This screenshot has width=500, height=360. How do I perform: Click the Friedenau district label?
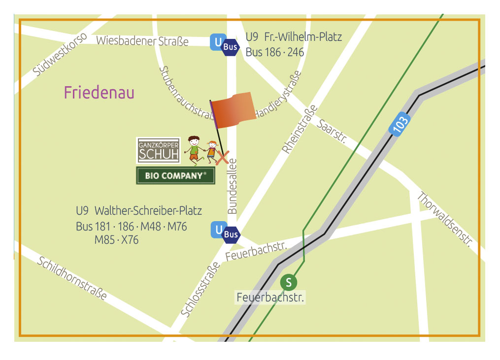pyautogui.click(x=99, y=93)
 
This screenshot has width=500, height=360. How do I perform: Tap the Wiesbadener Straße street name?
pyautogui.click(x=142, y=41)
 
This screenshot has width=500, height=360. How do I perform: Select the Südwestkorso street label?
pyautogui.click(x=60, y=55)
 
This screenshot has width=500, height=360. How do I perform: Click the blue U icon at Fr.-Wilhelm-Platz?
pyautogui.click(x=217, y=42)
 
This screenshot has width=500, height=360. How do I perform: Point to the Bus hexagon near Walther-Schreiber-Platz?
pyautogui.click(x=232, y=234)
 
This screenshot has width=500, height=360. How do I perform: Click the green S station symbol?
pyautogui.click(x=289, y=282)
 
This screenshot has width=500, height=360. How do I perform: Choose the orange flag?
pyautogui.click(x=233, y=111)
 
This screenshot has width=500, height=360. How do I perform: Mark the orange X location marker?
pyautogui.click(x=223, y=157)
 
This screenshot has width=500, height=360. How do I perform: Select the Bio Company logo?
pyautogui.click(x=175, y=176)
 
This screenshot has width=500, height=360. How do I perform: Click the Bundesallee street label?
pyautogui.click(x=233, y=186)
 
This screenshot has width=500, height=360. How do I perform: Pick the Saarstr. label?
pyautogui.click(x=331, y=131)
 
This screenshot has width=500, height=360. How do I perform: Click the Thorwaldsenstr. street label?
pyautogui.click(x=445, y=219)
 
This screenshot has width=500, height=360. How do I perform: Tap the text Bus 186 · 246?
pyautogui.click(x=274, y=52)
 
